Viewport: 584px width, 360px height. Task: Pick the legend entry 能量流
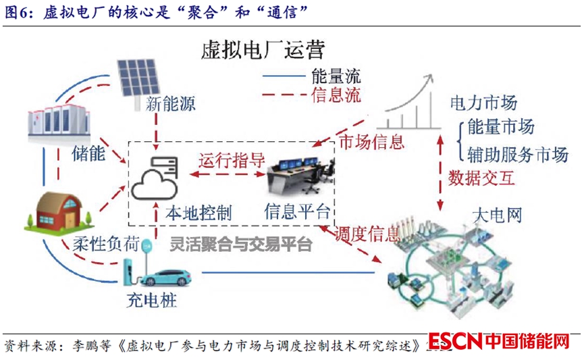pos(336,76)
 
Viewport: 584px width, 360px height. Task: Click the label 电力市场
pos(483,103)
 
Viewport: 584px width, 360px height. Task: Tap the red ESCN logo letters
pos(455,342)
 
